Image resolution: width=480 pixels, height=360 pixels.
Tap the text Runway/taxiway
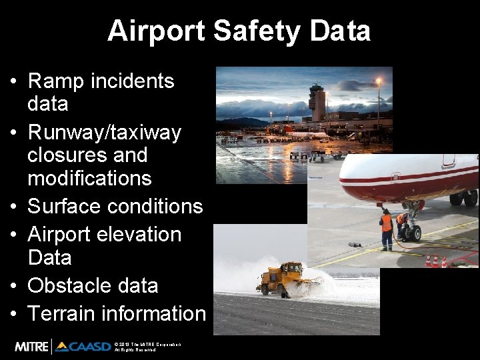(104, 133)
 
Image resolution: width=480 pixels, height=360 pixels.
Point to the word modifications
(89, 178)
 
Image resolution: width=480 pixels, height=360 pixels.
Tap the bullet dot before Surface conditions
(14, 207)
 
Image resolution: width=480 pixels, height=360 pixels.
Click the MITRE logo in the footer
(31, 347)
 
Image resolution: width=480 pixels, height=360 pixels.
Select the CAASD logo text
(83, 347)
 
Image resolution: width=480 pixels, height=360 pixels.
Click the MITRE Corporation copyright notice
(147, 347)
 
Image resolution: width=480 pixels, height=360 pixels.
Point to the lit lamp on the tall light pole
(379, 81)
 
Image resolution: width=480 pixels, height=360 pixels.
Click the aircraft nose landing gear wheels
(412, 233)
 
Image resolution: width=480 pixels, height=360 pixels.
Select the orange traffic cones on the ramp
(436, 261)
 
